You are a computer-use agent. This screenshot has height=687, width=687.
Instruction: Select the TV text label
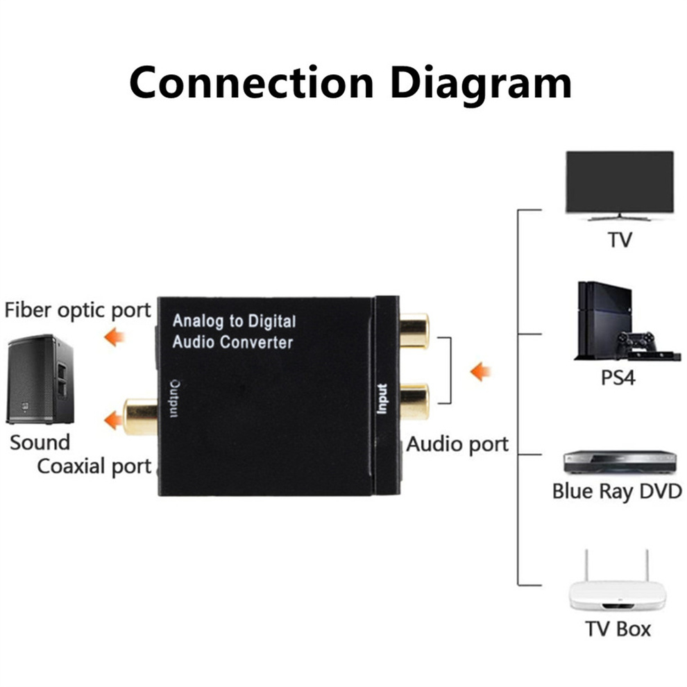point(620,241)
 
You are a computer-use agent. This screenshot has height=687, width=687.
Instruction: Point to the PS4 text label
point(618,379)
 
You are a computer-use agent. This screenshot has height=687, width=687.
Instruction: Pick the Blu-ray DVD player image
point(620,461)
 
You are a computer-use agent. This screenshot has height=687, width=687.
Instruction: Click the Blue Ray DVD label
point(617,491)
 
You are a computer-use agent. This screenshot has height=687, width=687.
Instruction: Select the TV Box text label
point(618,629)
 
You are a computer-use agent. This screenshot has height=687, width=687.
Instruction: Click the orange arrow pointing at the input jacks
point(480,372)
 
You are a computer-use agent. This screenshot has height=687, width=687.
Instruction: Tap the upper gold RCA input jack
point(414,330)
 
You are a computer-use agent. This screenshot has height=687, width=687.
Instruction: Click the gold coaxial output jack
point(141,416)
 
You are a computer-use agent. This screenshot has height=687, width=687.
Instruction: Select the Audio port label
point(457,444)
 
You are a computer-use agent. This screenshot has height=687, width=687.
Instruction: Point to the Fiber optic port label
point(78,310)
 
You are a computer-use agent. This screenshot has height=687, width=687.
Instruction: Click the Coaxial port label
point(94,466)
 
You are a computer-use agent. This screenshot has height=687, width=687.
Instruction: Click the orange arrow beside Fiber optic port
point(114,338)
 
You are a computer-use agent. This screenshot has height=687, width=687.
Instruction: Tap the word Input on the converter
point(382,399)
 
